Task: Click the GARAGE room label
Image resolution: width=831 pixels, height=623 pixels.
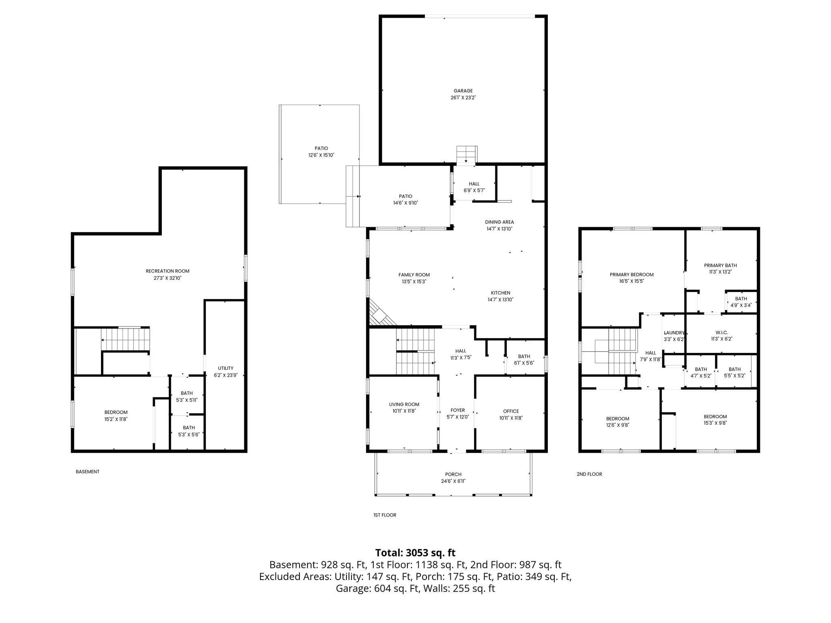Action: (x=463, y=91)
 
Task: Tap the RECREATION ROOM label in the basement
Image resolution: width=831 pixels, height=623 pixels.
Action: (x=168, y=271)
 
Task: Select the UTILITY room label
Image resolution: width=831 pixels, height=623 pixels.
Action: (x=226, y=368)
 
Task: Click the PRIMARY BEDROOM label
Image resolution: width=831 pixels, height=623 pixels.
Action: (x=632, y=275)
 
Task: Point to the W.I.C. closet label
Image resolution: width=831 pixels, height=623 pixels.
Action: (x=721, y=333)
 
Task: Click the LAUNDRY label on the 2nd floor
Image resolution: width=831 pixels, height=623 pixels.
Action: (x=674, y=333)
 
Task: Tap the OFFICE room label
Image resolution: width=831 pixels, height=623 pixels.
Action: (x=511, y=411)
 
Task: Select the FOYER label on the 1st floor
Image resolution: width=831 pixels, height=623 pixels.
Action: (x=458, y=410)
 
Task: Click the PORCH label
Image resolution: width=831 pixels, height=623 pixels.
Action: (x=453, y=474)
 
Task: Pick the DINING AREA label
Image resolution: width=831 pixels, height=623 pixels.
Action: (x=499, y=222)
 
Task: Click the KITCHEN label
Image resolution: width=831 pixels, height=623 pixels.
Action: (x=501, y=293)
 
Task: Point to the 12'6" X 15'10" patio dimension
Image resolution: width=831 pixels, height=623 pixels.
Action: (x=321, y=155)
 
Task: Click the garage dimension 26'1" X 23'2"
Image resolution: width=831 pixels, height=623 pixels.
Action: (x=463, y=98)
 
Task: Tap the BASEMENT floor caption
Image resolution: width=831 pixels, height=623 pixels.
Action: (x=88, y=472)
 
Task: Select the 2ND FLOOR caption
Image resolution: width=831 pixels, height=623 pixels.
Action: (x=589, y=474)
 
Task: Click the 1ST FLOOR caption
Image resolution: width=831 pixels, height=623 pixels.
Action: (x=385, y=515)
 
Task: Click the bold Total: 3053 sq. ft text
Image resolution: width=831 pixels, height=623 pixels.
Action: (x=415, y=553)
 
